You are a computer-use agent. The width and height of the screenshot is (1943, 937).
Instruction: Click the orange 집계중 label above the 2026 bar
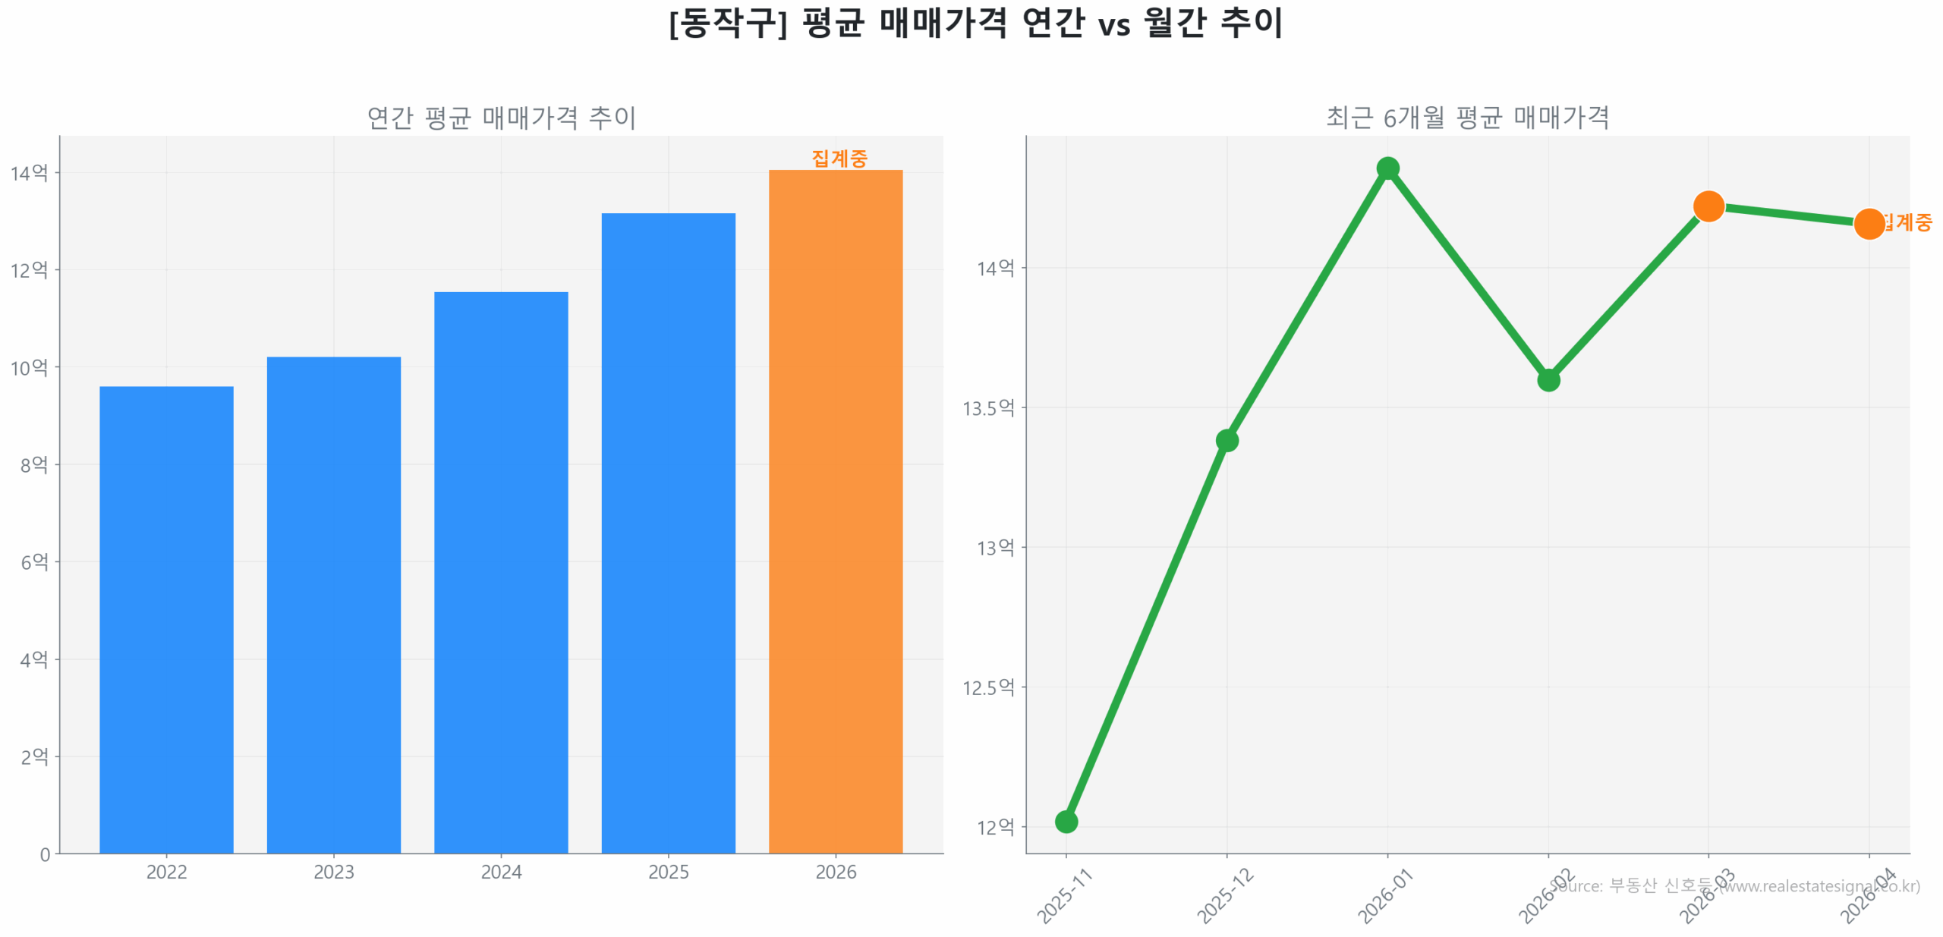[x=839, y=159]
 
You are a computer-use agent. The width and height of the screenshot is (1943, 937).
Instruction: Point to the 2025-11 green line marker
[x=1066, y=821]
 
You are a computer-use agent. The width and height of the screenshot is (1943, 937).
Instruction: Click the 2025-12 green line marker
[x=1227, y=440]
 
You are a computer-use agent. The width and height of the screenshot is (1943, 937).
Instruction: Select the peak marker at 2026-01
[x=1387, y=168]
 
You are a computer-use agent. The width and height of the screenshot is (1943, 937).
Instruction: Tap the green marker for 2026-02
[x=1548, y=379]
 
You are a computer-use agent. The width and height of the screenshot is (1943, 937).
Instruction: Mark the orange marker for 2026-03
[x=1708, y=206]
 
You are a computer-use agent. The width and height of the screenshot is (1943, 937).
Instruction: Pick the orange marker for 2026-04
[x=1869, y=224]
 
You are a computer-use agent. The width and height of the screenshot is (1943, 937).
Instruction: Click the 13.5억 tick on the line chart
[x=987, y=408]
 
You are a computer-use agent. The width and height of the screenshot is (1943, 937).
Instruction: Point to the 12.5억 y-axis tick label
[x=987, y=687]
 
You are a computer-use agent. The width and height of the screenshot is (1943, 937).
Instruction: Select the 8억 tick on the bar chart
[x=34, y=464]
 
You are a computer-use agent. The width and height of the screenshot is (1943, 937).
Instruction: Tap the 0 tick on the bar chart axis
[x=45, y=854]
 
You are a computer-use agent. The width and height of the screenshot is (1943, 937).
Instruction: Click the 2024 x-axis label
[x=501, y=872]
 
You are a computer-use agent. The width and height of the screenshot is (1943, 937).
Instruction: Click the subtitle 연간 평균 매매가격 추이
[x=501, y=118]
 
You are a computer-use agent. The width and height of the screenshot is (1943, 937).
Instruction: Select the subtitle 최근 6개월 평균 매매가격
[x=1466, y=118]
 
